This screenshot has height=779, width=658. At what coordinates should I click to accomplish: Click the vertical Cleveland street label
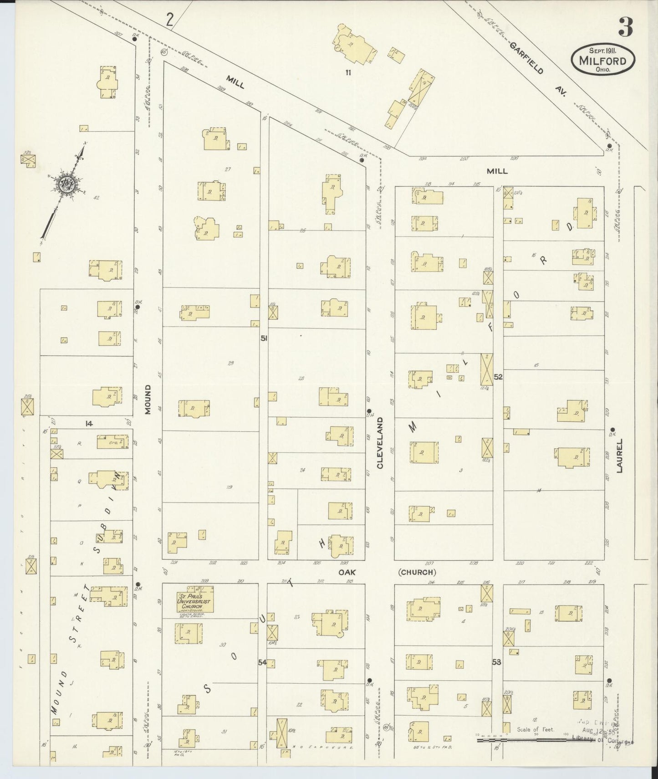click(380, 443)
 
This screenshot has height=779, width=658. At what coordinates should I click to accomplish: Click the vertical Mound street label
click(148, 400)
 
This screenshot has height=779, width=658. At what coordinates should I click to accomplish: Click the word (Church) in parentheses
click(417, 572)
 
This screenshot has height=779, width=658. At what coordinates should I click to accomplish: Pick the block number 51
click(264, 338)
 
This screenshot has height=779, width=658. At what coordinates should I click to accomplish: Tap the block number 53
click(496, 662)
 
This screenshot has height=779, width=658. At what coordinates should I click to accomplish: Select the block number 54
click(262, 662)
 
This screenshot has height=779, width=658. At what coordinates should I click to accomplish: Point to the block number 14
click(89, 424)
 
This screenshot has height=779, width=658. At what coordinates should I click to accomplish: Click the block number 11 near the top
click(348, 72)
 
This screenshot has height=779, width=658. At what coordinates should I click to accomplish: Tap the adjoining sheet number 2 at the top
click(170, 20)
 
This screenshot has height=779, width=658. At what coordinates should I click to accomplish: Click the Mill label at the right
click(497, 171)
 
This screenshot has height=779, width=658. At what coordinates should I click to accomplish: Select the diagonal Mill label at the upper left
click(235, 84)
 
